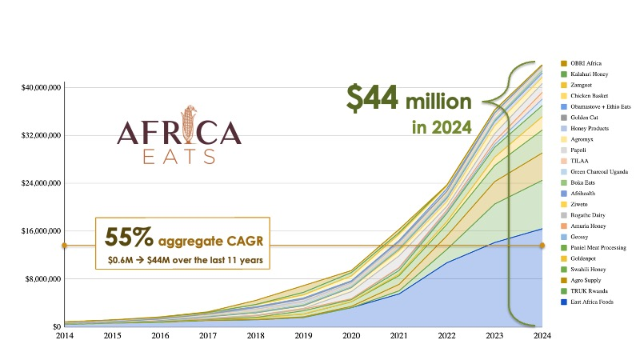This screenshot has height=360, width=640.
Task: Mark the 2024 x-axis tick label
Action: (542, 337)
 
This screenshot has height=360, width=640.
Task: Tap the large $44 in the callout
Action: (372, 98)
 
